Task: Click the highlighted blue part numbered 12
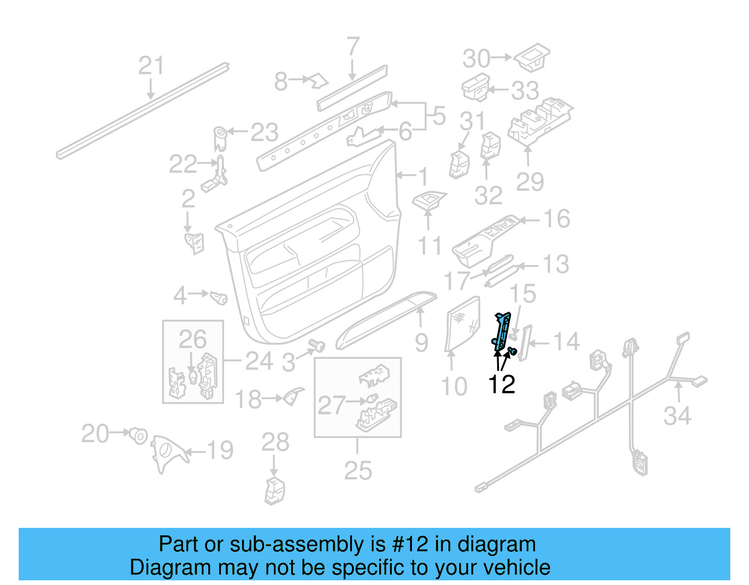tap(502, 332)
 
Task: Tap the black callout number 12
tap(501, 385)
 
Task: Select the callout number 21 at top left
tap(151, 66)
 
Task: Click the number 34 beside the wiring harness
tap(677, 415)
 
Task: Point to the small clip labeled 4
tap(218, 297)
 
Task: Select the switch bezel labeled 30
tap(532, 58)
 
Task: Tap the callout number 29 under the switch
tap(529, 182)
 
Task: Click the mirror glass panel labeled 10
tap(463, 323)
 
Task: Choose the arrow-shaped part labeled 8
tap(319, 81)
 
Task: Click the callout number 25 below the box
tap(358, 471)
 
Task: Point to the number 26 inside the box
tap(192, 340)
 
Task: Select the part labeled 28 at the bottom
tap(275, 490)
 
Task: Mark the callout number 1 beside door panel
tap(423, 177)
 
